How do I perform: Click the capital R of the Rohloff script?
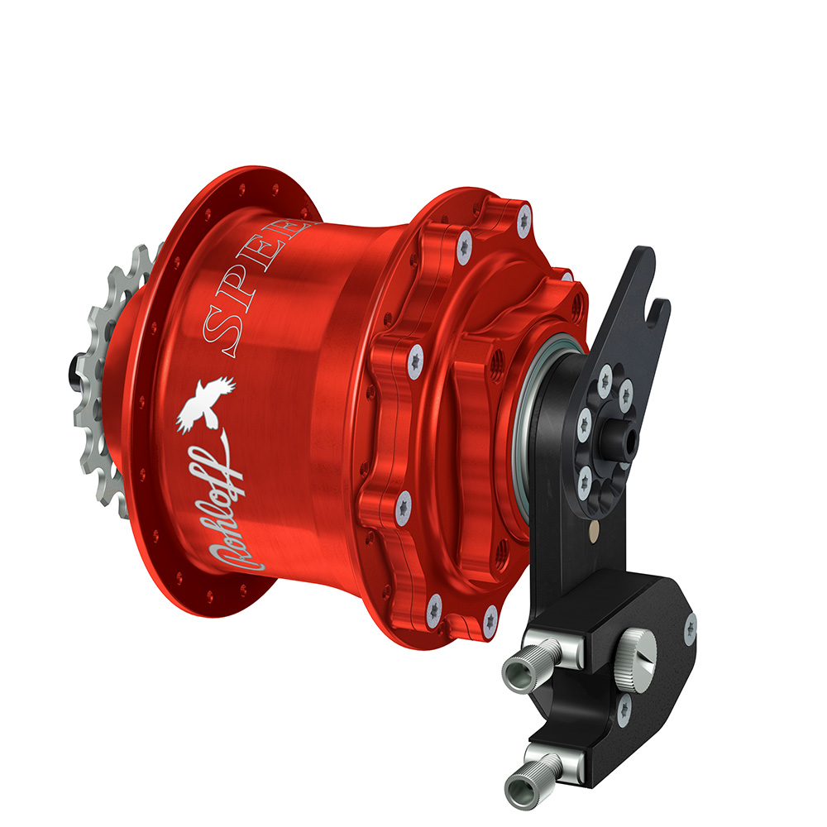click(237, 562)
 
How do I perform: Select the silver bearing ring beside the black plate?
click(527, 430)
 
